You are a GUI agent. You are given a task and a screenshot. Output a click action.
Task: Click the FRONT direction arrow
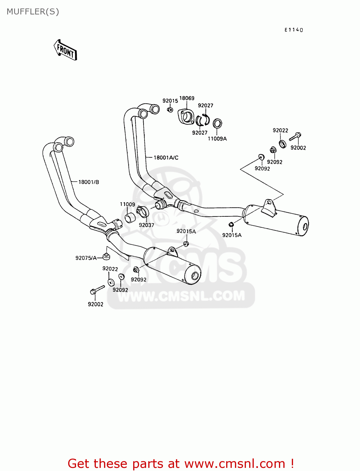click(x=65, y=50)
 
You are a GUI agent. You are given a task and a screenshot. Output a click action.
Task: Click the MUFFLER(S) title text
click(x=33, y=12)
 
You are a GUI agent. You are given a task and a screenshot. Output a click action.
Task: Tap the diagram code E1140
click(x=294, y=30)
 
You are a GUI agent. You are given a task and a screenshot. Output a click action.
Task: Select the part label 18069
click(x=187, y=98)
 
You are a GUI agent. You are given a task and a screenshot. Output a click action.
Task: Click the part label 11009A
click(x=217, y=138)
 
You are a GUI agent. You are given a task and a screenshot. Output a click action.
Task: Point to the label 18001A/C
click(x=166, y=158)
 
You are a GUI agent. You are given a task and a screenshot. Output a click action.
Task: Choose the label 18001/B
click(x=89, y=182)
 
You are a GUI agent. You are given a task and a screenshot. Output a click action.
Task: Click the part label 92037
click(x=146, y=225)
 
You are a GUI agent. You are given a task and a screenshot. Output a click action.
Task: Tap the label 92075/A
click(x=86, y=258)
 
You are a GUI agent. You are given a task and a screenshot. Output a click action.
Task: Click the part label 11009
click(x=127, y=204)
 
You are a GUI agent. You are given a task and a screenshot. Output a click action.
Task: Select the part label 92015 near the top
click(x=170, y=101)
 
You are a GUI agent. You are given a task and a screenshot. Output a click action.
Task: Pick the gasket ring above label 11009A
click(x=217, y=123)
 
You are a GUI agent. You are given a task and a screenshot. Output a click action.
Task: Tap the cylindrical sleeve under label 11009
click(x=130, y=217)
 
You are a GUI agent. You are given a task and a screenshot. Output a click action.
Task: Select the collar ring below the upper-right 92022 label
click(x=283, y=144)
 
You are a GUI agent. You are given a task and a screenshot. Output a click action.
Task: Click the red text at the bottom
click(x=181, y=463)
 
